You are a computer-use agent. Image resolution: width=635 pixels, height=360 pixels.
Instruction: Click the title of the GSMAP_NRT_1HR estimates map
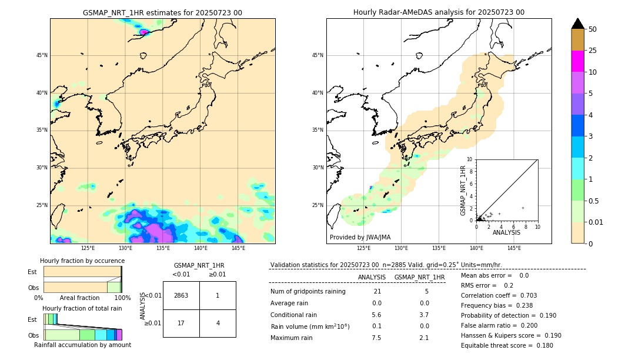162,12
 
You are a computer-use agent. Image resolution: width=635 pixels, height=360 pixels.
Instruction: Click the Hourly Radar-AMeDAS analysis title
439,12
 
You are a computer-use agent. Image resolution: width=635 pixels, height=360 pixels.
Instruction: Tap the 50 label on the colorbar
593,29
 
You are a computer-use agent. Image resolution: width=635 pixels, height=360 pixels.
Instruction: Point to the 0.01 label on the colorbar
596,222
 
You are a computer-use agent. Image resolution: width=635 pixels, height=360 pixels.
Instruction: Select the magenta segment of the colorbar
577,61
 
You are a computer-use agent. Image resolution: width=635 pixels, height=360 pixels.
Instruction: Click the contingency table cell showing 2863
181,295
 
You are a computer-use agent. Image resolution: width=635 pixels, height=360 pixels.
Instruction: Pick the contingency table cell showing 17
181,323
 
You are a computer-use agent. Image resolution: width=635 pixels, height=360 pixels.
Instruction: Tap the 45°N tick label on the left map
42,55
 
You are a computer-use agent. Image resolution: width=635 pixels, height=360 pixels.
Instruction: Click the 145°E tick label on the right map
514,248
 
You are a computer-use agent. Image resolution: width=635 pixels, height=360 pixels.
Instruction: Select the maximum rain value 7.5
376,338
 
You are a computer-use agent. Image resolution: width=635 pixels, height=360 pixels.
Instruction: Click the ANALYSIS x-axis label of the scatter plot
507,232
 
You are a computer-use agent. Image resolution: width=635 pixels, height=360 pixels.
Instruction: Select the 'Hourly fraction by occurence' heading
82,261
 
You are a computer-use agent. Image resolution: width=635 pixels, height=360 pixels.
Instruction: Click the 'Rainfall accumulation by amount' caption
82,345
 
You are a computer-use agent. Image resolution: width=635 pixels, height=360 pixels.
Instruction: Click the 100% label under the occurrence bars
122,298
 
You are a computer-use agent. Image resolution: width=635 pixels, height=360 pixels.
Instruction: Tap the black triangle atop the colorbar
577,24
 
